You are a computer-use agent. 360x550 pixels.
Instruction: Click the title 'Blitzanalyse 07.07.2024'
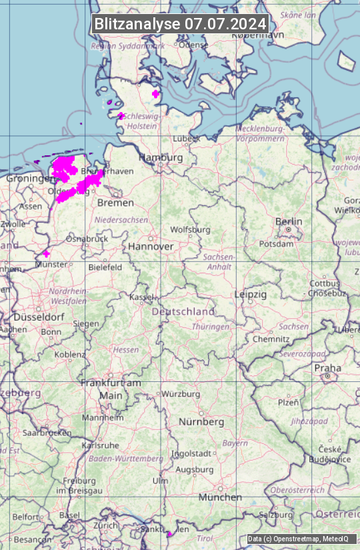180,24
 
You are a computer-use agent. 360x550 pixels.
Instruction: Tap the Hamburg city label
161,157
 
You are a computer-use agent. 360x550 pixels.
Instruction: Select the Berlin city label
289,221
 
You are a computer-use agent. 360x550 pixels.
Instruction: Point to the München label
220,497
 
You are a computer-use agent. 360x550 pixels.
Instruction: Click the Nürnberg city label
201,422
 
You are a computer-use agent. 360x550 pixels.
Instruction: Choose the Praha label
327,368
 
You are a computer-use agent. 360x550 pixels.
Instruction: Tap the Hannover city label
151,246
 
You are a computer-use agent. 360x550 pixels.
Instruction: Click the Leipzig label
251,294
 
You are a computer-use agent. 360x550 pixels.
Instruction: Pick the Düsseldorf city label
39,317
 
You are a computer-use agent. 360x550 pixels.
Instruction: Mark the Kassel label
141,296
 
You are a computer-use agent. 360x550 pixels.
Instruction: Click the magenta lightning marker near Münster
46,253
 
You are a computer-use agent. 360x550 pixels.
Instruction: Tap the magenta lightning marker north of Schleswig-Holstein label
156,94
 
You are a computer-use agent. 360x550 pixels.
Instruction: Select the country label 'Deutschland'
183,311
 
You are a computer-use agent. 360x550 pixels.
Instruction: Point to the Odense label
194,45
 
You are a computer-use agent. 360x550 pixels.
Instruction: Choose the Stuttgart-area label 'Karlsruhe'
100,445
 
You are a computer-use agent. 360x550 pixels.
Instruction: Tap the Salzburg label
276,515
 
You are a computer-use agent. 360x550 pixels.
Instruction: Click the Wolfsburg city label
190,229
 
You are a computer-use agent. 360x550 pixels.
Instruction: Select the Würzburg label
181,394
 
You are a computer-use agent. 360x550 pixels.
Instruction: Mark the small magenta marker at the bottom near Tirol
169,533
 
